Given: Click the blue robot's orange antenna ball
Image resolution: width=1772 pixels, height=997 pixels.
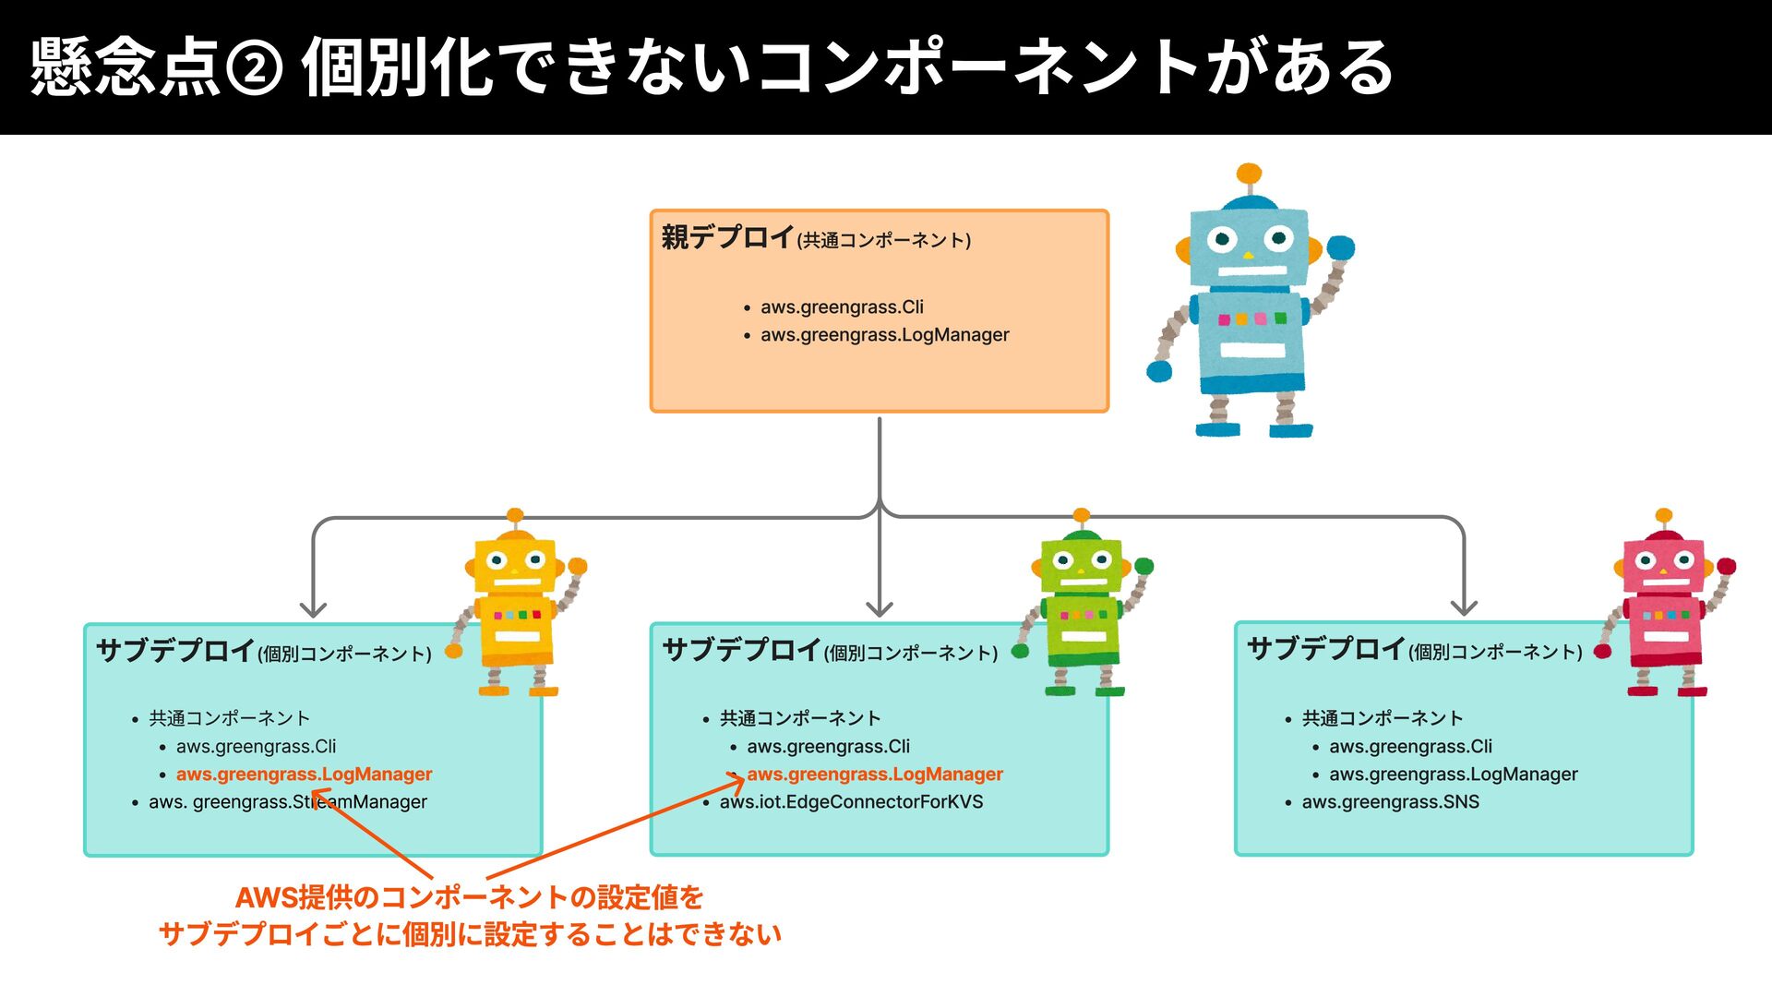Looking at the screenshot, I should pos(1249,174).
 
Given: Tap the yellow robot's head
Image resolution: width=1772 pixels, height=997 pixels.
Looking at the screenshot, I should pos(515,565).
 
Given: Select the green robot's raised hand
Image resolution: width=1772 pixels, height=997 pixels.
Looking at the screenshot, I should pos(1143,566).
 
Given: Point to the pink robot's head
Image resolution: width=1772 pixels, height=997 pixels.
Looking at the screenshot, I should pos(1663,564).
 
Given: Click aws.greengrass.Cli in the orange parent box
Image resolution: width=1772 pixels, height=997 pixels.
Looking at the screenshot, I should pos(841,307).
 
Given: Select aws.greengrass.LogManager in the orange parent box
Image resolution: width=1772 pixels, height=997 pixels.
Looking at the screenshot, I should pos(884,335).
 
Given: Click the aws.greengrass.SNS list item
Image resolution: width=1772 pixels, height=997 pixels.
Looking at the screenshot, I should pos(1390,802).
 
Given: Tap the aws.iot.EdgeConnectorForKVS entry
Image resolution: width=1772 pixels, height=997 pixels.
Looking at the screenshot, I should pos(851,802).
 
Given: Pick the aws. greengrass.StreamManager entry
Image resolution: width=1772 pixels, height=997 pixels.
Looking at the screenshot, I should pos(287,802).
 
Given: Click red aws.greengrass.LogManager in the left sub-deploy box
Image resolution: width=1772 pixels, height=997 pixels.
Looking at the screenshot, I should pos(304,775).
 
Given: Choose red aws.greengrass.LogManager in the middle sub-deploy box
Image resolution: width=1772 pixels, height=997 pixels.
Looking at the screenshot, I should pos(874,775).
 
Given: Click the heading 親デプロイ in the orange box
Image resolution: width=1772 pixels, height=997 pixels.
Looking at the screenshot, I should pos(727,238).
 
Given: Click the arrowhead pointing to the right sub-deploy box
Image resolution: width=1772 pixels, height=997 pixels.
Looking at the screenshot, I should pos(1464,608).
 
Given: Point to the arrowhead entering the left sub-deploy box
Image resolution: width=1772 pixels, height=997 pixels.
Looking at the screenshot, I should pos(314,610).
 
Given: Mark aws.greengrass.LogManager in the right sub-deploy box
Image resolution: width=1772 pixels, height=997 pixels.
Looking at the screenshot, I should pos(1453,775).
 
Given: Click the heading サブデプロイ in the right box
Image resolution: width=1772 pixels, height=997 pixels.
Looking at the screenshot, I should pos(1325,649).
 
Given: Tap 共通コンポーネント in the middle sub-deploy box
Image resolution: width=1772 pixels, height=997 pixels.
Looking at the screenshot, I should pos(800,718).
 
